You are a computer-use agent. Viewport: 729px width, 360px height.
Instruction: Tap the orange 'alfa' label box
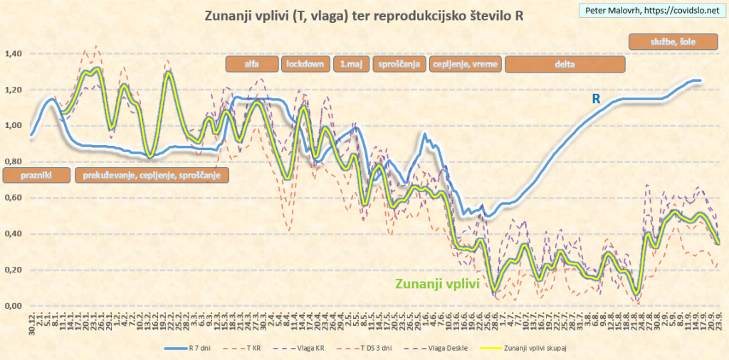(251, 64)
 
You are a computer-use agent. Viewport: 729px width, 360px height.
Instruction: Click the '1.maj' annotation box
(350, 64)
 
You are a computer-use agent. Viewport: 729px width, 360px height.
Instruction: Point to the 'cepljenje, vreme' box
(466, 64)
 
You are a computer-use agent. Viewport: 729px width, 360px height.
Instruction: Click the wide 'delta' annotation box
(565, 64)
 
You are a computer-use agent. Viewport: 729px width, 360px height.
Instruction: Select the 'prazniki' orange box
(36, 175)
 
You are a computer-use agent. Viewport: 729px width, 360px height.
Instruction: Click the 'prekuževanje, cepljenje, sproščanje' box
(151, 175)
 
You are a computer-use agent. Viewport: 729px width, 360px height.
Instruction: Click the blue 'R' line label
(597, 100)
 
